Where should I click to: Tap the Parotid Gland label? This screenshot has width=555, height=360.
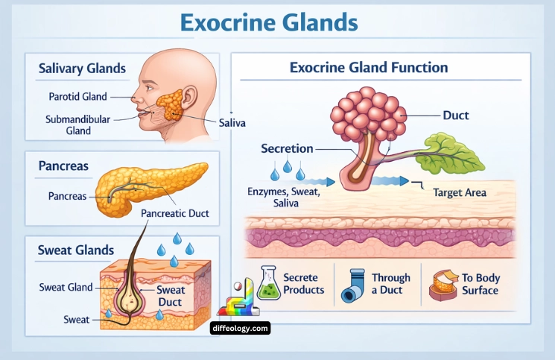pyautogui.click(x=78, y=96)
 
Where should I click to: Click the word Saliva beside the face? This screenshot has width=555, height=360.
pyautogui.click(x=232, y=121)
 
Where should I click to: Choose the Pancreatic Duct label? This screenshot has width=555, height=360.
pyautogui.click(x=175, y=213)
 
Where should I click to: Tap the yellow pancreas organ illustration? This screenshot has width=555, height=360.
pyautogui.click(x=153, y=186)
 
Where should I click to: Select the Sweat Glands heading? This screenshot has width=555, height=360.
pyautogui.click(x=76, y=250)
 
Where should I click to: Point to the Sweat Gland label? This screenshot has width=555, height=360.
pyautogui.click(x=66, y=287)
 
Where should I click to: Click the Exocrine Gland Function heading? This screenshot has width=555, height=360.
pyautogui.click(x=368, y=68)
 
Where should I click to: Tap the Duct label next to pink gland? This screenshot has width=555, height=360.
pyautogui.click(x=455, y=116)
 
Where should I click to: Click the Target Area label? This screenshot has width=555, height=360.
pyautogui.click(x=460, y=192)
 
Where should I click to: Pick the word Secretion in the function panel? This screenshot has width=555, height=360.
pyautogui.click(x=287, y=148)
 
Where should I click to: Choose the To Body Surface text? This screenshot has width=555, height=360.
pyautogui.click(x=481, y=284)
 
